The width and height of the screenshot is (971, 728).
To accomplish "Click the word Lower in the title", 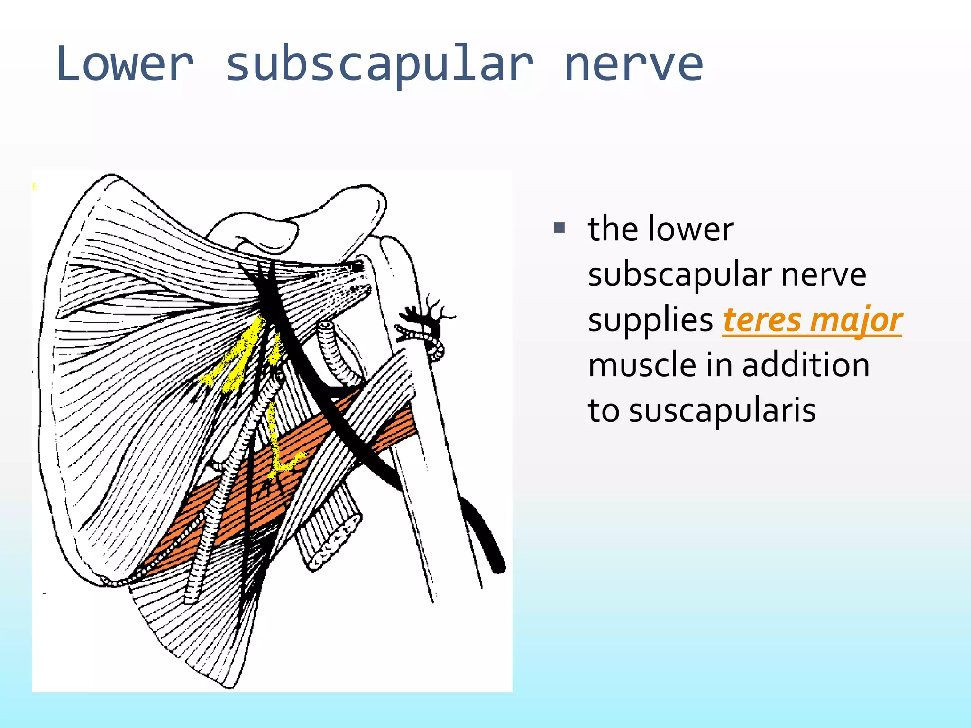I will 125,64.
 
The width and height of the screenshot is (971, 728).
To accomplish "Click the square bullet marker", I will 559,228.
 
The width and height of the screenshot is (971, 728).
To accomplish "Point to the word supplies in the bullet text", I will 650,321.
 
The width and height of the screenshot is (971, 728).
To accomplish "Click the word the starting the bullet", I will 613,229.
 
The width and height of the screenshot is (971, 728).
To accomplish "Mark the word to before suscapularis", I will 603,411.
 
